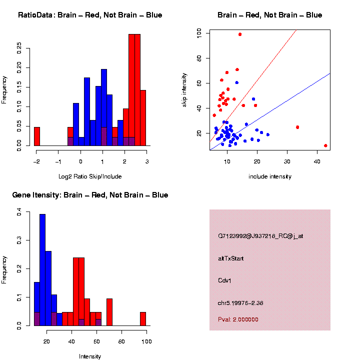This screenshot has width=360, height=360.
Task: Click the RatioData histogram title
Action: pyautogui.click(x=90, y=15)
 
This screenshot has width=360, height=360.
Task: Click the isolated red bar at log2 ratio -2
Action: pyautogui.click(x=36, y=136)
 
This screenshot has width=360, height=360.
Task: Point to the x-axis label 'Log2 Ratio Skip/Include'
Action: pyautogui.click(x=90, y=176)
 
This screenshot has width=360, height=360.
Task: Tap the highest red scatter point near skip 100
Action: pyautogui.click(x=240, y=34)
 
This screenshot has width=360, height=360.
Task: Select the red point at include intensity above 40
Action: pyautogui.click(x=325, y=145)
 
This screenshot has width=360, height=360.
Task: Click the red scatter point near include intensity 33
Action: pyautogui.click(x=297, y=127)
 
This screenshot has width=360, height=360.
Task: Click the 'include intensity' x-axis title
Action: pyautogui.click(x=269, y=176)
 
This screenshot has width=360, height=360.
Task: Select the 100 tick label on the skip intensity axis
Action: pyautogui.click(x=199, y=33)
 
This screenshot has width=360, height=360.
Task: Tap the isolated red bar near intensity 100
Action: pyautogui.click(x=143, y=319)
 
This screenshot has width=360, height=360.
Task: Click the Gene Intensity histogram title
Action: pyautogui.click(x=90, y=195)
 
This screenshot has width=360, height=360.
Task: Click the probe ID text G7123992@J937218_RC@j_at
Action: pyautogui.click(x=260, y=236)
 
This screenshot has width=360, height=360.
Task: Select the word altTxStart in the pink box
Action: pyautogui.click(x=230, y=258)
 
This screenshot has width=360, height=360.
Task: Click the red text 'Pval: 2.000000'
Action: pyautogui.click(x=238, y=319)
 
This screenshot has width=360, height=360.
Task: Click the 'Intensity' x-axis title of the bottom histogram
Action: pyautogui.click(x=90, y=356)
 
